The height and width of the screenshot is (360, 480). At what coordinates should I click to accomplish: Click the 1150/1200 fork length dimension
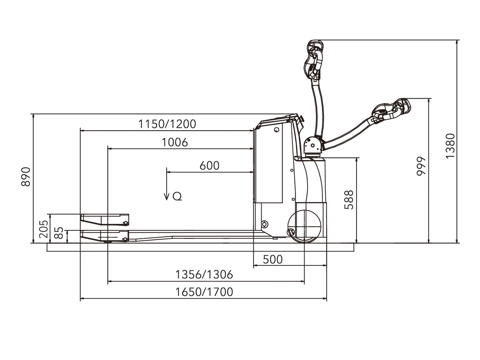coord(167,124)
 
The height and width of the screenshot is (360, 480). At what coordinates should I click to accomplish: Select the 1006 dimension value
coord(175,142)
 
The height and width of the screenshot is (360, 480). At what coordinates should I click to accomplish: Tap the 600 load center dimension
coord(209,165)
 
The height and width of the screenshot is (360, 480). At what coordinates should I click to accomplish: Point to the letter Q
coord(177,196)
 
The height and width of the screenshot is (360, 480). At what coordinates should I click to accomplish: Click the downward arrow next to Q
coord(166,184)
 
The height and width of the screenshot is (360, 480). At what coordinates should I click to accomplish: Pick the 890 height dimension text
coord(26,177)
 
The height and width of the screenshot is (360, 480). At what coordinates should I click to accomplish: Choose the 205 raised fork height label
coord(43,229)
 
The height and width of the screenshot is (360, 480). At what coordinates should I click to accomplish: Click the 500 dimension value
coord(273,260)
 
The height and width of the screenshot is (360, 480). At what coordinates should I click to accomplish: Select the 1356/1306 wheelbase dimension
coord(204,275)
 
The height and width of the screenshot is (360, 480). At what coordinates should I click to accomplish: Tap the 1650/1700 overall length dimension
coord(204,292)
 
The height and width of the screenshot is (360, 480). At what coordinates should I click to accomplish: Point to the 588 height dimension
coord(349,200)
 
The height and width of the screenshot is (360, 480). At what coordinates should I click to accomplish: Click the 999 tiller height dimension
coord(421,166)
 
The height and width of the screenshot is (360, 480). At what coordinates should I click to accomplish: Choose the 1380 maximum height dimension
coord(450,146)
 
